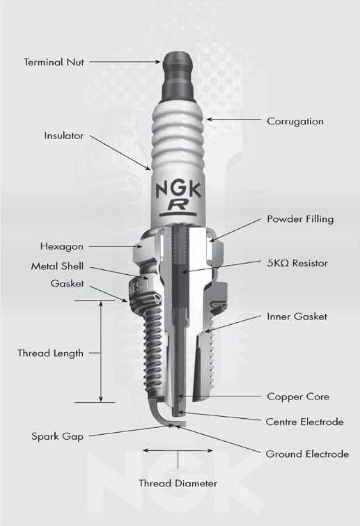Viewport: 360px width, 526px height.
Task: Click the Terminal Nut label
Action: tap(54, 62)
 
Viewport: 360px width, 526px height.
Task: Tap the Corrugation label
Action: tap(295, 121)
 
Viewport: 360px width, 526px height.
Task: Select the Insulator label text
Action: tap(64, 136)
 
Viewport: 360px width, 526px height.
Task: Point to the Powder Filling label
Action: tap(300, 219)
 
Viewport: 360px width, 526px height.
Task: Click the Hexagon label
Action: tap(61, 246)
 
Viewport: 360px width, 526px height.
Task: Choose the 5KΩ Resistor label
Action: tap(297, 264)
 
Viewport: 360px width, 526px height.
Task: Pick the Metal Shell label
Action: tap(57, 266)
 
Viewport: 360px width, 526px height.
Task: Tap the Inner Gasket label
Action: tap(297, 317)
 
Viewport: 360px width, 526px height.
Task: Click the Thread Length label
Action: tap(50, 353)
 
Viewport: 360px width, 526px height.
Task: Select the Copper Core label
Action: tap(298, 397)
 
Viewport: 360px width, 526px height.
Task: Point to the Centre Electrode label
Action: tap(304, 422)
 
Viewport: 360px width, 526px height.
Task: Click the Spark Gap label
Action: tap(57, 437)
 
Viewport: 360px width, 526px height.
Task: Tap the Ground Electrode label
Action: tap(307, 454)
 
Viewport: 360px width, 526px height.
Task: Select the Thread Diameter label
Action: tap(178, 483)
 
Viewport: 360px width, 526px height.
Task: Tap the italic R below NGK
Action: tap(178, 205)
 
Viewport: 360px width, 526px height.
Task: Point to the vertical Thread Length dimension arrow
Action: tap(102, 351)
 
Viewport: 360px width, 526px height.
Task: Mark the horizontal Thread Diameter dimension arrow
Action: tap(178, 450)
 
